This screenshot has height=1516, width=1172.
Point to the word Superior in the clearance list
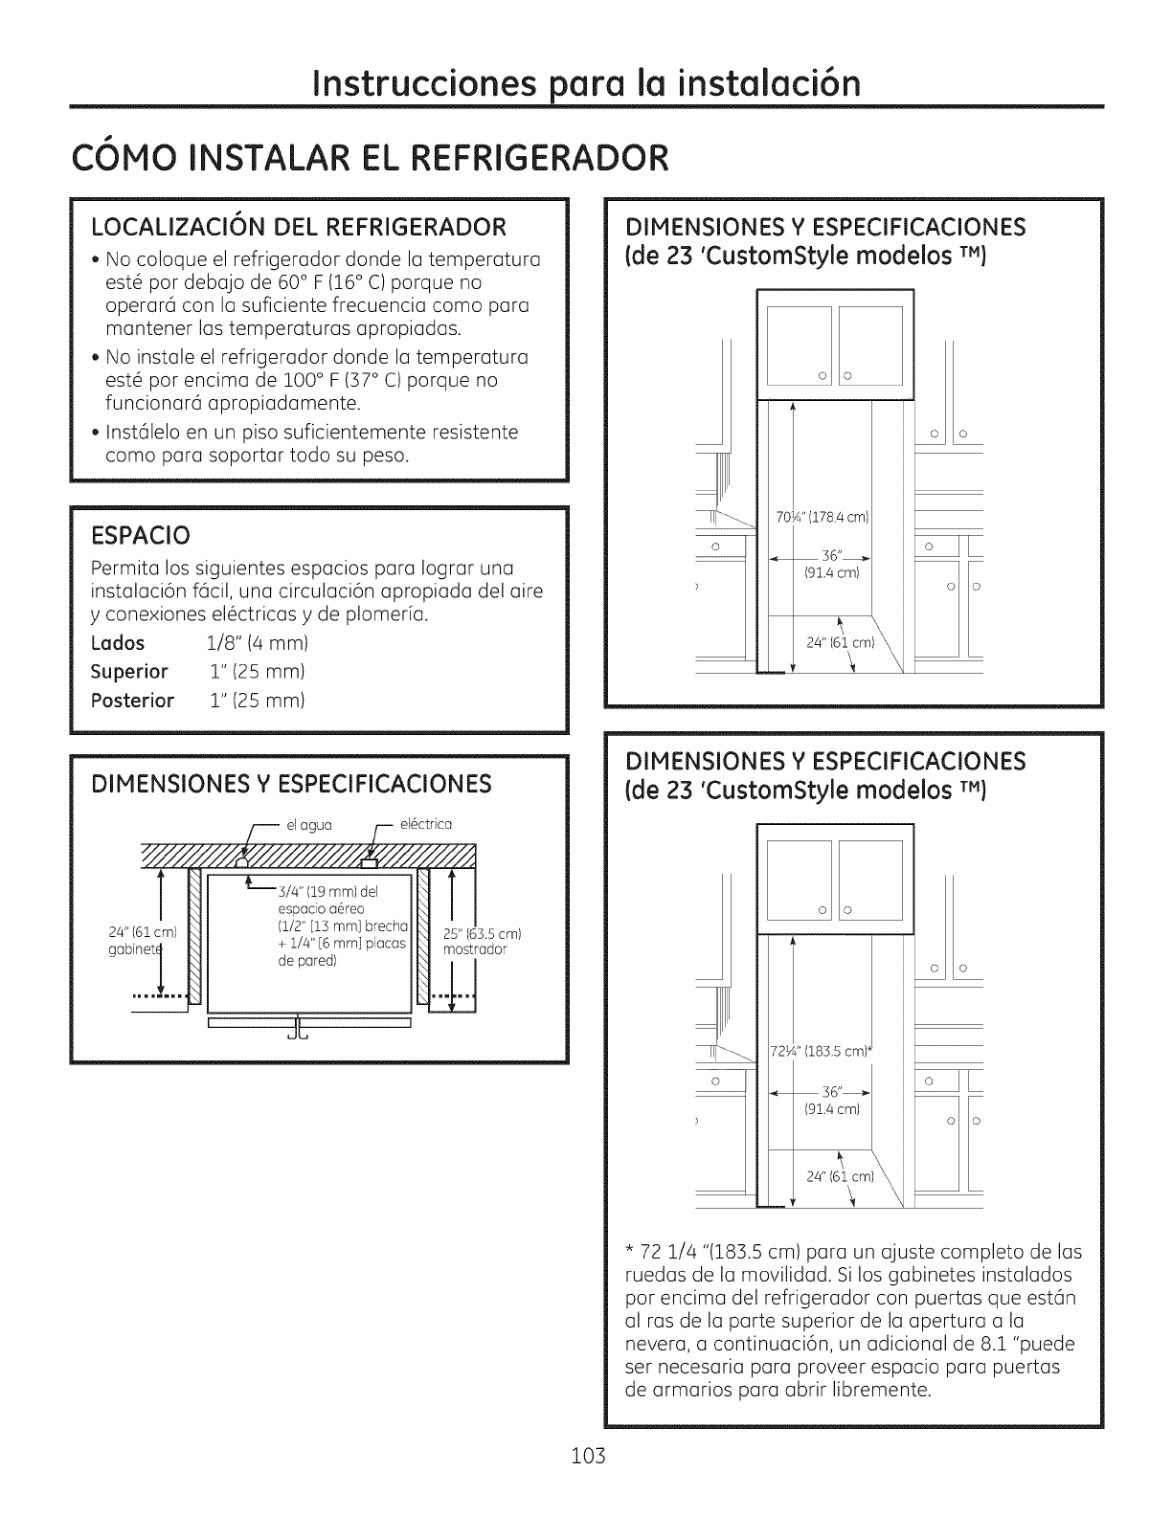click(x=129, y=671)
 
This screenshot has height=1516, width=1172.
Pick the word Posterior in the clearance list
click(x=133, y=700)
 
